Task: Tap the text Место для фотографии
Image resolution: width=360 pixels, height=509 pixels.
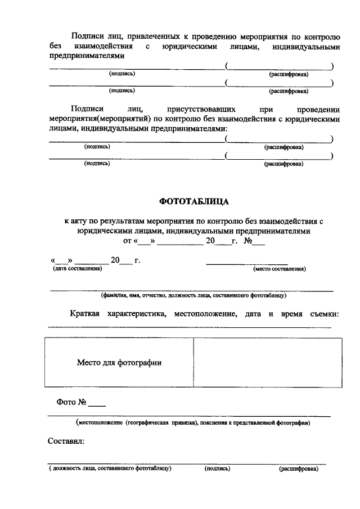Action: [119, 363]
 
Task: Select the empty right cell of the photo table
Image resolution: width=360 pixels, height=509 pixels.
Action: [268, 363]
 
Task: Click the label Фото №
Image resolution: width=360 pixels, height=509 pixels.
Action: [70, 403]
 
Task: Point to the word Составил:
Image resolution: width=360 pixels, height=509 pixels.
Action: [66, 442]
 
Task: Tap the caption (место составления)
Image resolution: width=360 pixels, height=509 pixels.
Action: [279, 269]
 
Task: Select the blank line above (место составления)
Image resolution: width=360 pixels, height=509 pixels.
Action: [247, 262]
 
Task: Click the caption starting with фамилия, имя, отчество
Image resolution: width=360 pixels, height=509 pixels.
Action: [193, 295]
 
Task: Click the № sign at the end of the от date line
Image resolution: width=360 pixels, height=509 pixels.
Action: [247, 241]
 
